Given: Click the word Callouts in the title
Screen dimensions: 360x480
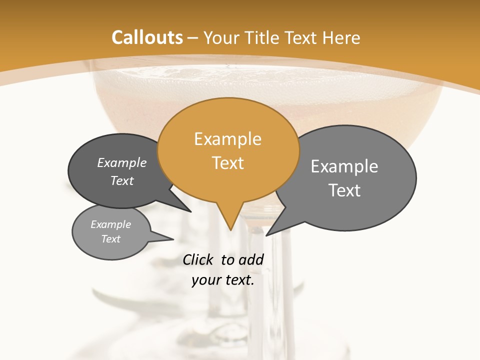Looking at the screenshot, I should click(x=147, y=37).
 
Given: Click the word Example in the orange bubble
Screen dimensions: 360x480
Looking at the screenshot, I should click(x=227, y=139).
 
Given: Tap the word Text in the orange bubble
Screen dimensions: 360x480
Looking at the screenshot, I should click(x=227, y=163).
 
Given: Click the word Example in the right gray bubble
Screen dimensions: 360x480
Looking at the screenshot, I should click(x=344, y=166).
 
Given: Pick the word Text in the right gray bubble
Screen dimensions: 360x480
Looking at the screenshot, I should click(x=344, y=190).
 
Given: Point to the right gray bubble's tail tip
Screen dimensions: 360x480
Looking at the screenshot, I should click(x=267, y=235).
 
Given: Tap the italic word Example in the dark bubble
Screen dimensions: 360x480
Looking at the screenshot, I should click(x=121, y=163).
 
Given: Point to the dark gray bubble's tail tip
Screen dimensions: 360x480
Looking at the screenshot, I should click(x=190, y=211).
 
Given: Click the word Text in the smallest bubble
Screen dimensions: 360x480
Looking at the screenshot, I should click(x=110, y=239).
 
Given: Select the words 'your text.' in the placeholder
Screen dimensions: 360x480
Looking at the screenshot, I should click(x=222, y=280).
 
